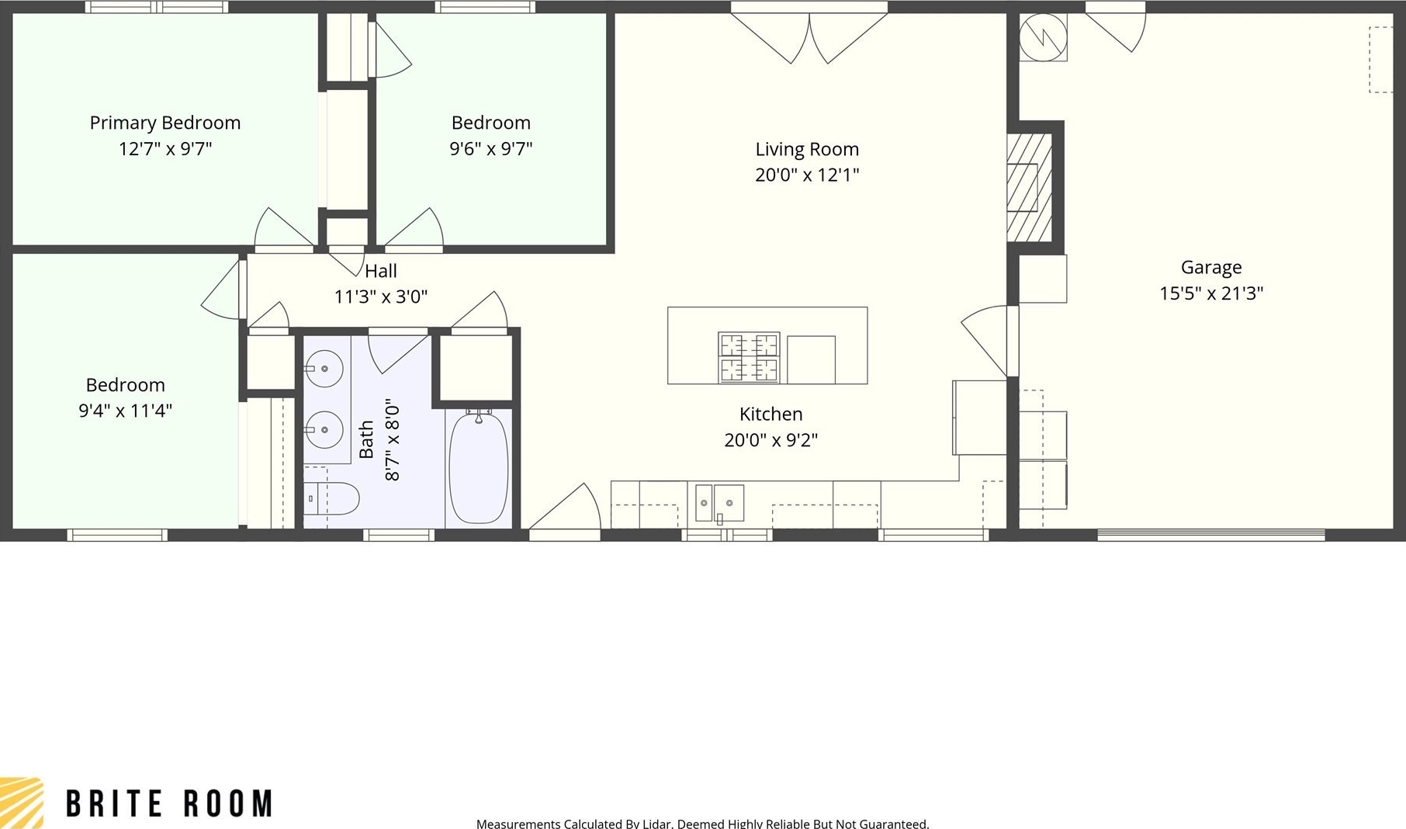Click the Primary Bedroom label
[165, 123]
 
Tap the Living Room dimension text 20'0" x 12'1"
[807, 175]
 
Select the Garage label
[1211, 268]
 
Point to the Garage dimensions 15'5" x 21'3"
[1211, 293]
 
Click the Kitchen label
[771, 414]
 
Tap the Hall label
[381, 271]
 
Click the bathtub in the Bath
[479, 467]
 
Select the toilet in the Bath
[331, 498]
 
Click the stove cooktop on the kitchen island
[749, 358]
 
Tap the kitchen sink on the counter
[719, 503]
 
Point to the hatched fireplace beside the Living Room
[1030, 187]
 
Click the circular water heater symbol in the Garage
[1043, 36]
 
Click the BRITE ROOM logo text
[169, 804]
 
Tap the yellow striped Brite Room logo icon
[21, 803]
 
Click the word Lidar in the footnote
[656, 824]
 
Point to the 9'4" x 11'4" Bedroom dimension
[125, 411]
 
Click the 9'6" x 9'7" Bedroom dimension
[491, 148]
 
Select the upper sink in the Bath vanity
[324, 369]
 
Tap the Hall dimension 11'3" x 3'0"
[381, 297]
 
